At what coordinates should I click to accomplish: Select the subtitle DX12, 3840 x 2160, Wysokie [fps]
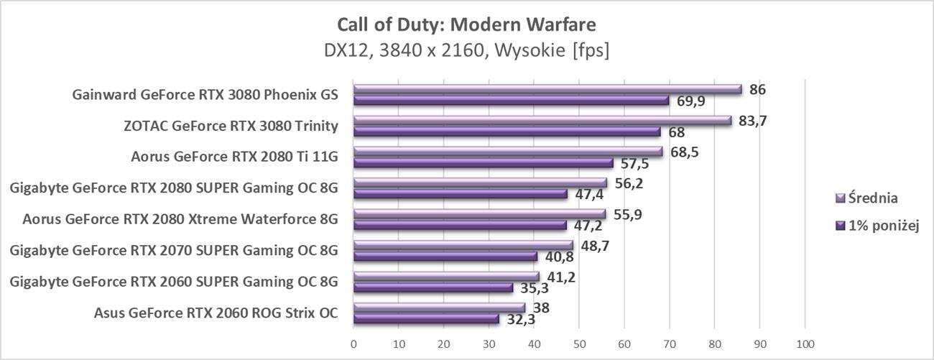click(x=466, y=52)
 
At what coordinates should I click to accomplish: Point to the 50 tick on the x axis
click(x=579, y=343)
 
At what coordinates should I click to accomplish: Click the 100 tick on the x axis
click(x=805, y=343)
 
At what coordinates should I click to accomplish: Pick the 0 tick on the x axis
click(x=353, y=343)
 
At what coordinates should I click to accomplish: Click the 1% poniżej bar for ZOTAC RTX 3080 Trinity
click(x=507, y=132)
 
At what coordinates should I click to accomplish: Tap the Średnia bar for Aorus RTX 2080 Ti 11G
click(x=508, y=152)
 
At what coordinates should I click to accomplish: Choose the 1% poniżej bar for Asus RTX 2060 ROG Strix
click(x=426, y=318)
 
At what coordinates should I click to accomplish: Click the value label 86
click(x=757, y=90)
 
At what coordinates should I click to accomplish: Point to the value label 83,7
click(x=752, y=121)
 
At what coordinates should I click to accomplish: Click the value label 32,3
click(x=521, y=319)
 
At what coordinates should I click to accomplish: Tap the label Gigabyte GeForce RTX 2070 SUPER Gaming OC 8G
click(x=173, y=250)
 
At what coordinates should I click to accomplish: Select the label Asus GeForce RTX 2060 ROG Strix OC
click(x=216, y=313)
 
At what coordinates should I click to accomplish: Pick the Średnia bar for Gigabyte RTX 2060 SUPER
click(x=446, y=277)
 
